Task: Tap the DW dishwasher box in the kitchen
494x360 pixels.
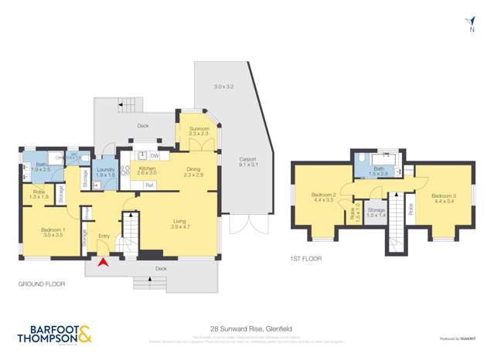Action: click(x=154, y=156)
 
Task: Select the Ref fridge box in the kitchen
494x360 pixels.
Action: click(x=149, y=185)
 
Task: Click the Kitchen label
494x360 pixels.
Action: click(x=147, y=170)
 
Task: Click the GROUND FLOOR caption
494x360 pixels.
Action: click(x=42, y=284)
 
